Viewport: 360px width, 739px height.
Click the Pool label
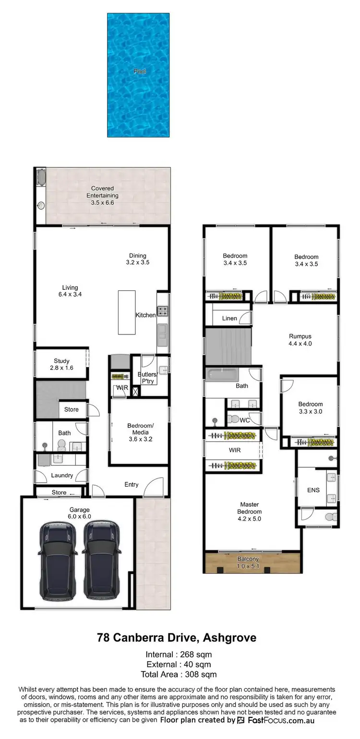pos(140,72)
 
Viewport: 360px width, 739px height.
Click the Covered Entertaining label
pos(102,196)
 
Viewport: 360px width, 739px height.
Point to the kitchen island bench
pos(127,312)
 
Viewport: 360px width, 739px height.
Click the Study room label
pos(61,364)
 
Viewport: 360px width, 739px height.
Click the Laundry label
pos(62,476)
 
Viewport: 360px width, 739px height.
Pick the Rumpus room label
pos(300,340)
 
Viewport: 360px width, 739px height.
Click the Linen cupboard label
pos(229,319)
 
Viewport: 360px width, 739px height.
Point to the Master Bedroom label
pos(250,512)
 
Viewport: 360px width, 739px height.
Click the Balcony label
pos(248,562)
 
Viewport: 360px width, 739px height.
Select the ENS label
pos(313,490)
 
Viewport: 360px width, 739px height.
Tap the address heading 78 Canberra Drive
pos(177,638)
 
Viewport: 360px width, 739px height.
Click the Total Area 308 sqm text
pos(179,675)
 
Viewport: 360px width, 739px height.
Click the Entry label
pos(132,485)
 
